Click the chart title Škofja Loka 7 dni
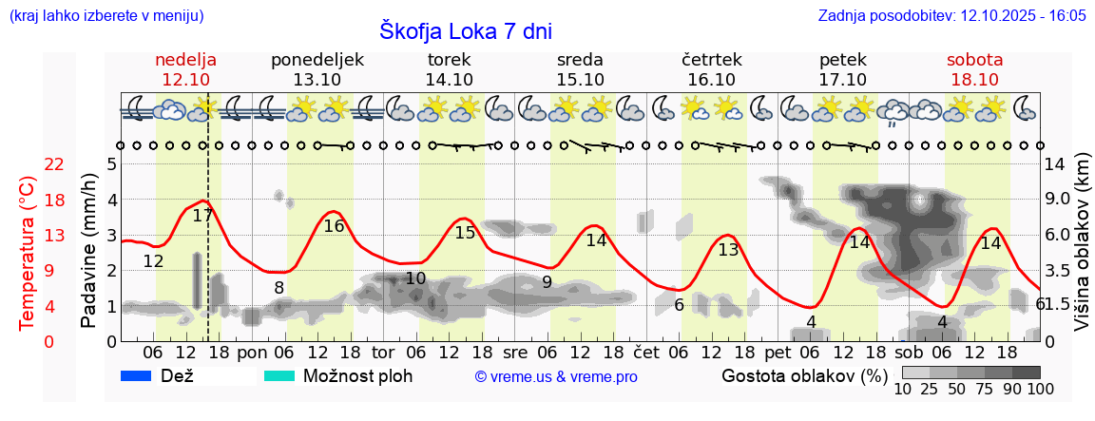466,30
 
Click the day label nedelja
186,60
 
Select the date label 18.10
974,80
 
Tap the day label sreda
580,60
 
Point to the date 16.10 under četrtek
711,80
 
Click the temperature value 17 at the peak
202,215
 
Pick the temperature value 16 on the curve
334,226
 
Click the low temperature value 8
279,288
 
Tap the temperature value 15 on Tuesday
465,233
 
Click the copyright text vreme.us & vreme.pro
556,376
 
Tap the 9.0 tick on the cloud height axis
1059,200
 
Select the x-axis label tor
383,351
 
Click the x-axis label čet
646,351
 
